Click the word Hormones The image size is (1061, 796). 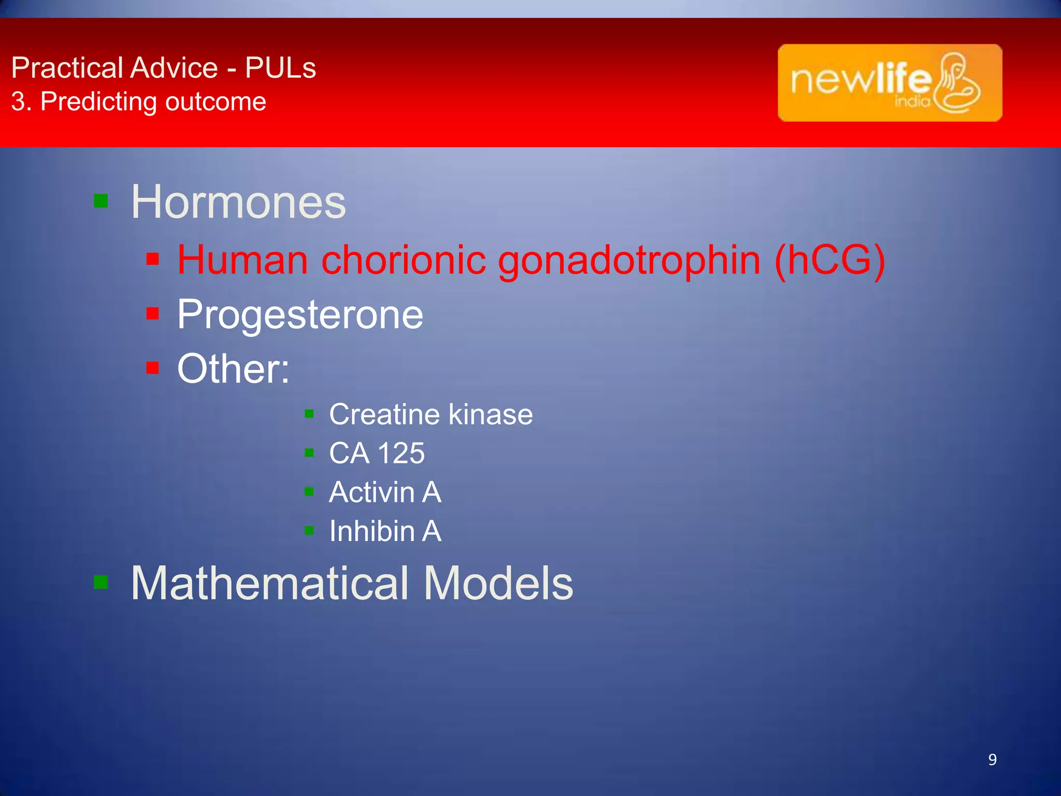[238, 202]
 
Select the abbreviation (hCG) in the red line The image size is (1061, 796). [829, 260]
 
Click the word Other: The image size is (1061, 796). [233, 368]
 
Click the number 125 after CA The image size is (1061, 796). [401, 453]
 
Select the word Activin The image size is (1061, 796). [371, 492]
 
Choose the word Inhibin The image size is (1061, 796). [371, 531]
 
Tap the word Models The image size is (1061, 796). [498, 584]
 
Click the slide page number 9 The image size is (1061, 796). [992, 760]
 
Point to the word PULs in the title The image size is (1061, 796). [280, 68]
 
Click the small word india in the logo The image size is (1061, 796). [912, 101]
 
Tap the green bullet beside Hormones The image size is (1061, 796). [101, 201]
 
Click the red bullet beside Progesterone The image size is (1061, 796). [152, 314]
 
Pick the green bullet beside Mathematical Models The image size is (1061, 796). [101, 582]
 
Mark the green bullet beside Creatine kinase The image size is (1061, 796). [309, 414]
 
